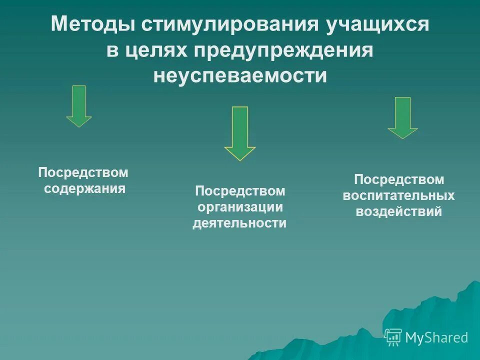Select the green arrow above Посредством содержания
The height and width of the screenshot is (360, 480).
click(79, 106)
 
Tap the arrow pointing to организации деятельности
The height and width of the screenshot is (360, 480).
click(240, 133)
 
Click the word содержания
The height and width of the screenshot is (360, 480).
click(84, 189)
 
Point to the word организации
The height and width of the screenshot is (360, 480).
click(240, 207)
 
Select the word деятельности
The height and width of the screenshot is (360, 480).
click(240, 223)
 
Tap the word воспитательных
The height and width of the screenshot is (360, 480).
click(398, 195)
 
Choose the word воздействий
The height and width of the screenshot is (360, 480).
click(398, 211)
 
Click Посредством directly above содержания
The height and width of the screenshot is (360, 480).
click(83, 173)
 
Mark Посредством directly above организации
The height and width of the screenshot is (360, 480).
click(240, 191)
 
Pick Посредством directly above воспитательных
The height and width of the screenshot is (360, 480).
click(398, 179)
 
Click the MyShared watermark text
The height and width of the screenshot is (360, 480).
click(436, 337)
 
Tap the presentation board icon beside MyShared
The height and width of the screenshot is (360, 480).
click(393, 337)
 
